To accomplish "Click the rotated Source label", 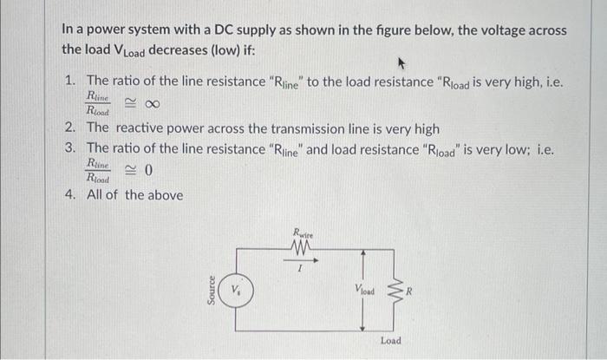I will click(x=210, y=289).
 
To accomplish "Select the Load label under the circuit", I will click(x=390, y=341).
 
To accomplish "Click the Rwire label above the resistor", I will click(x=303, y=232).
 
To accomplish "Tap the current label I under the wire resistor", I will click(x=299, y=270).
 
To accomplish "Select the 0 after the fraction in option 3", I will click(x=147, y=171).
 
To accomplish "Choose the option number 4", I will click(x=70, y=194).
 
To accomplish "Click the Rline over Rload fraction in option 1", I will click(x=98, y=103).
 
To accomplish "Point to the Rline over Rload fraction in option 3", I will click(x=98, y=170).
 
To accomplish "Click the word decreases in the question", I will click(x=180, y=49).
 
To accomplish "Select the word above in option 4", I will click(x=163, y=194).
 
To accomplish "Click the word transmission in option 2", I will click(x=293, y=128).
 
